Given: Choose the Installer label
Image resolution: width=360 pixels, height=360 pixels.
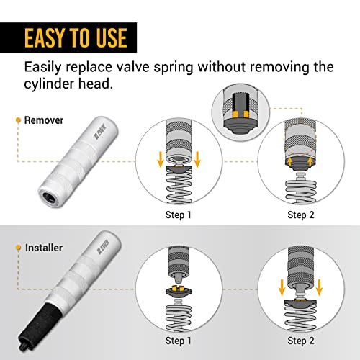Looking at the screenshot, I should pyautogui.click(x=42, y=247).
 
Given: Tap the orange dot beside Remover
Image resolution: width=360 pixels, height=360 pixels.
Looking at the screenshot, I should pyautogui.click(x=17, y=119).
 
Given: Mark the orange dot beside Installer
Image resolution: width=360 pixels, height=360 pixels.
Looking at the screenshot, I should pyautogui.click(x=17, y=247).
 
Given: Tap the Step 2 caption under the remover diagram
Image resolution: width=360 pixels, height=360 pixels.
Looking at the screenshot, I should pyautogui.click(x=301, y=214).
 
